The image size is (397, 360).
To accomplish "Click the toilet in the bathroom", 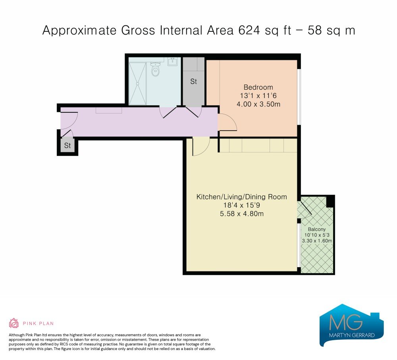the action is point(155,69).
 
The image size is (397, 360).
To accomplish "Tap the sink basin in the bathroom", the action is point(173,62).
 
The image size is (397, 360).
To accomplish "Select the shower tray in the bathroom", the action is point(137,83).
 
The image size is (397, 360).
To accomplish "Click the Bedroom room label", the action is point(258,87).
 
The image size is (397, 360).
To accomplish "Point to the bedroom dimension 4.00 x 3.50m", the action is point(258,104).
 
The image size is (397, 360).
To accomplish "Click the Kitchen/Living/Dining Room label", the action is point(241,197).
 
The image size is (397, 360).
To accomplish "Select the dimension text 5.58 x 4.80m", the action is point(241,214).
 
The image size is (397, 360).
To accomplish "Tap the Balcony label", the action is point(317,229).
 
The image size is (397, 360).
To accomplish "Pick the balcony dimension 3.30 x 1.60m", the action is point(317,241).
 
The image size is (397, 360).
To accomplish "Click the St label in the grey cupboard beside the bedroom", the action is point(193,81).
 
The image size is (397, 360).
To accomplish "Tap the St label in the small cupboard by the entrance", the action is point(67,146).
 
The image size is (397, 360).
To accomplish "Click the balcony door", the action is point(305,208).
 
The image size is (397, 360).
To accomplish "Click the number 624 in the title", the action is point(249,31).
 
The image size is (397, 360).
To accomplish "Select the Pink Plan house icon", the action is point(13,323).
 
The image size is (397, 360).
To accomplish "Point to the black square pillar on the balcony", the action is point(330,202).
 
